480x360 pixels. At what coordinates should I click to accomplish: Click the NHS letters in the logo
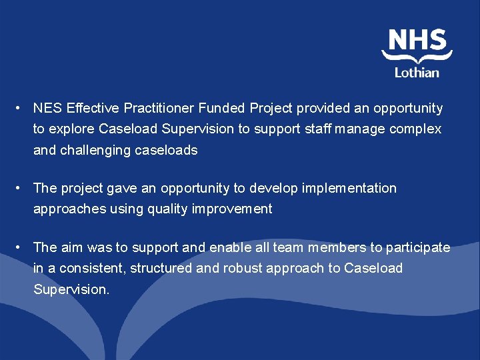417,40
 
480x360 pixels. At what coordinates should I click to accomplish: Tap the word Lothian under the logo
417,73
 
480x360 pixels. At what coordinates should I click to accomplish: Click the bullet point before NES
21,108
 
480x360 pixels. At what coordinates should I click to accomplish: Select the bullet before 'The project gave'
21,188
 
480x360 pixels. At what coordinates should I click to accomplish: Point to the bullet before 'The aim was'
21,247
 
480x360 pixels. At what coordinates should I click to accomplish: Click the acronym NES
47,108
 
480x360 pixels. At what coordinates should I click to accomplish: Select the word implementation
349,188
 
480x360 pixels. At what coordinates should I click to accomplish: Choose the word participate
419,247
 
